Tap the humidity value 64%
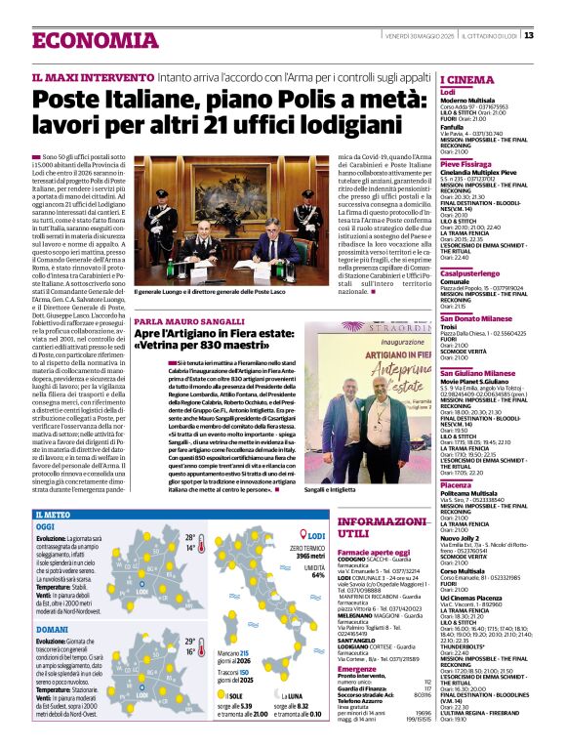(317, 575)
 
